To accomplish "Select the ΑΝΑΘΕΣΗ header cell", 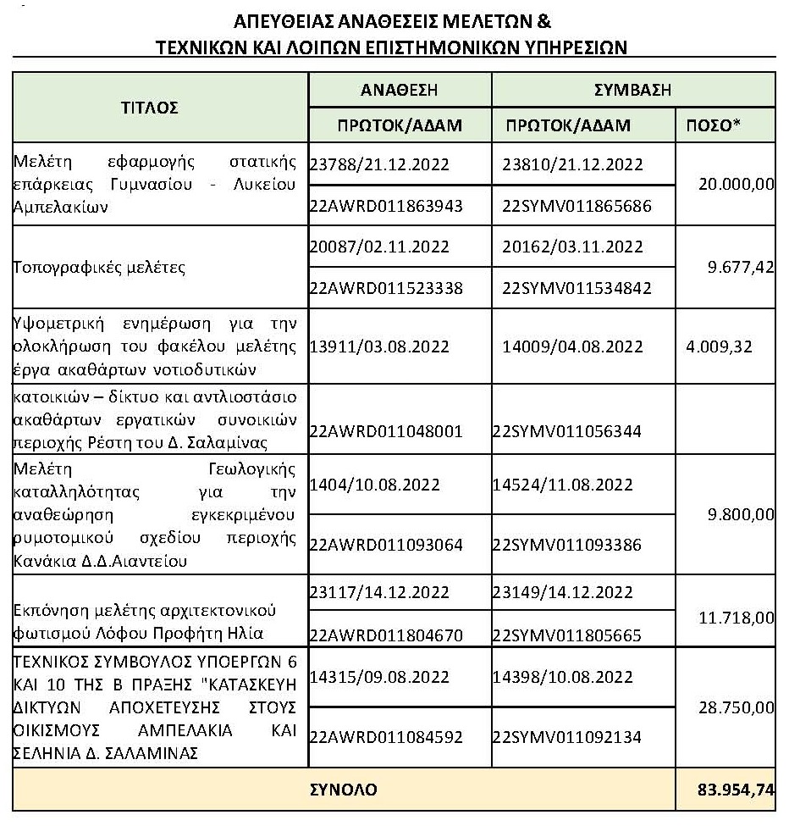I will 399,89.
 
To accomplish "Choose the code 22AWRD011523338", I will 387,288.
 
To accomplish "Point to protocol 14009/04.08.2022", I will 572,346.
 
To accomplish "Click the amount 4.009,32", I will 719,346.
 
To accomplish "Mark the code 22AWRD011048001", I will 387,431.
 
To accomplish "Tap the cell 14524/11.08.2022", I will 562,485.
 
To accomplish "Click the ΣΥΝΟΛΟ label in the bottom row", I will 343,790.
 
